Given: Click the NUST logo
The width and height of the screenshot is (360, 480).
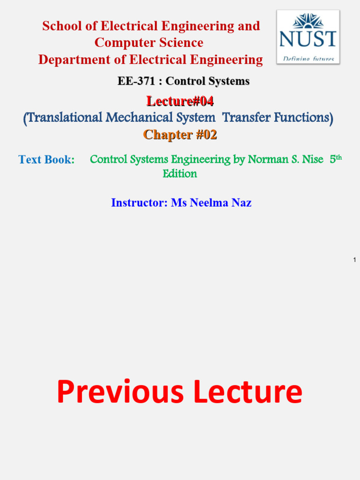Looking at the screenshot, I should point(308,37).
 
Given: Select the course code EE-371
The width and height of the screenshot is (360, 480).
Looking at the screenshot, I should point(136,81).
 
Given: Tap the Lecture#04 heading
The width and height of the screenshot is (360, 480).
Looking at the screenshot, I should point(180,101).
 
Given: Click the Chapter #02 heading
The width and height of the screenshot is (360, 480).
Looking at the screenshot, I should point(180,135).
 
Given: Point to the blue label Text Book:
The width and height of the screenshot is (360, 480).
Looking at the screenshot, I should point(46,160).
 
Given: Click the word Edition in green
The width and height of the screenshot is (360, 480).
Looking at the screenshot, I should point(180,174).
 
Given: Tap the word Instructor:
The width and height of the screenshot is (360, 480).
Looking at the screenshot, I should point(139,203).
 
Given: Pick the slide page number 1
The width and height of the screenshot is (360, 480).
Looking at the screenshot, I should point(355,260).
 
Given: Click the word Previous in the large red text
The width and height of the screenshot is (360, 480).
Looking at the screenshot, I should point(120,392).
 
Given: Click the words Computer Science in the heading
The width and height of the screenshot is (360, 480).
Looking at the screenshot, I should point(149,43).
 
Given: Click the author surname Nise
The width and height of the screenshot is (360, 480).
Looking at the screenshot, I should point(312,160).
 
